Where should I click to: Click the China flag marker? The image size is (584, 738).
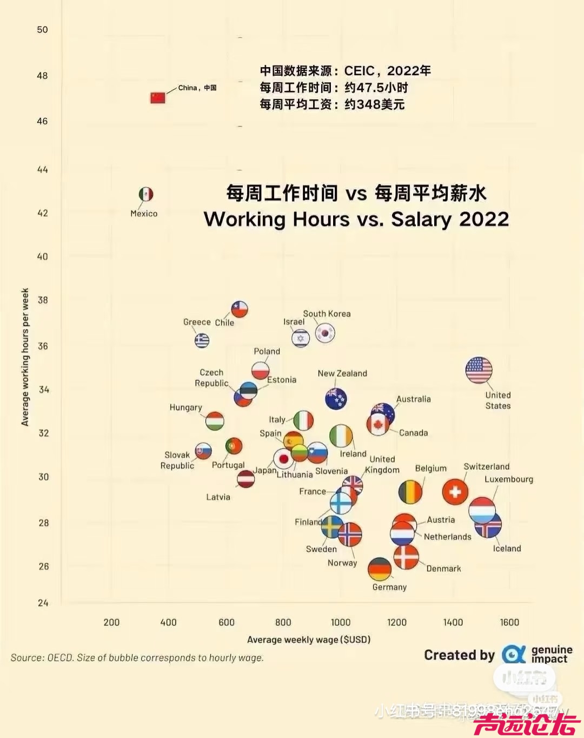(157, 98)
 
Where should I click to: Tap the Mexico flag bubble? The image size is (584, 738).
(146, 194)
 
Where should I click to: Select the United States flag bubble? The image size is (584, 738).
(479, 371)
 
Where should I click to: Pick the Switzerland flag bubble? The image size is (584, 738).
(455, 492)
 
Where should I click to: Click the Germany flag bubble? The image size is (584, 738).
(380, 569)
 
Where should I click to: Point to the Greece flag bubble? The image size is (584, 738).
(202, 340)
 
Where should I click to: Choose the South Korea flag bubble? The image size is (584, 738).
(325, 333)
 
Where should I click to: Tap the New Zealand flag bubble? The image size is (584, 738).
(336, 399)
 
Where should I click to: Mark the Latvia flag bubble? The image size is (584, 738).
(246, 479)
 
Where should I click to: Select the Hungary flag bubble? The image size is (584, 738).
(215, 421)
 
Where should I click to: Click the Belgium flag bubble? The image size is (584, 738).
(410, 492)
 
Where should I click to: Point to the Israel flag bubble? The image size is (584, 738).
(301, 339)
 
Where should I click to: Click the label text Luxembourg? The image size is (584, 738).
(508, 479)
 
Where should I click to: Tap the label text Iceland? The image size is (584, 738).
(507, 549)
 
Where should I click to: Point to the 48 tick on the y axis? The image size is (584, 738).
(42, 76)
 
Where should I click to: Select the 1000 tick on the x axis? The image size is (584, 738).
(340, 622)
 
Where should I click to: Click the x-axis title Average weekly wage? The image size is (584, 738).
(308, 640)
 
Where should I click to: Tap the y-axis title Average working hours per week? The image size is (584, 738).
(25, 357)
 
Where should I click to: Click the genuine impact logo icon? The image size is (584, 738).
(513, 654)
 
